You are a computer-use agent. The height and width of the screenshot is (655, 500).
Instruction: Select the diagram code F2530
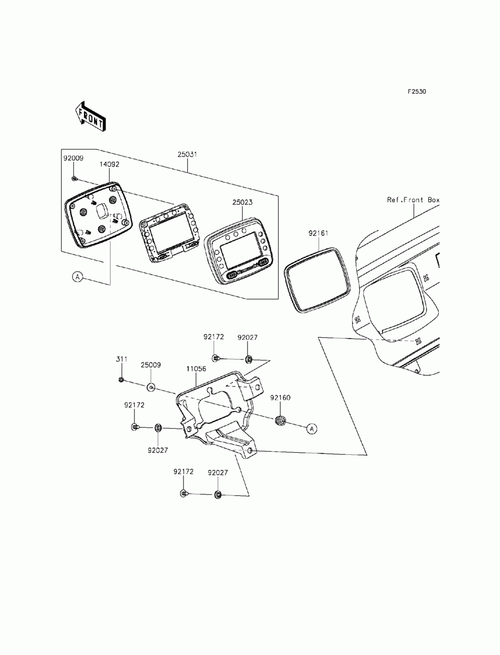(x=416, y=92)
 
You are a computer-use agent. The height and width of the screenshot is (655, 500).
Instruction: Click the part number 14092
(x=109, y=164)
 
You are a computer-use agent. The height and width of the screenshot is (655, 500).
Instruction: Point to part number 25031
(x=187, y=154)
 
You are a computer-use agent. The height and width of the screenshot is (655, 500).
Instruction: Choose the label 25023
(x=242, y=203)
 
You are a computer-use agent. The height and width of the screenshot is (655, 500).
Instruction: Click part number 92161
(x=318, y=233)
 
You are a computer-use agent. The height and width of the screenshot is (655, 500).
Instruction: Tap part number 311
(x=121, y=359)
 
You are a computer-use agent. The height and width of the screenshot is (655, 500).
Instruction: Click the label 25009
(x=150, y=365)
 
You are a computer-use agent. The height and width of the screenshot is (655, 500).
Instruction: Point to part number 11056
(x=196, y=369)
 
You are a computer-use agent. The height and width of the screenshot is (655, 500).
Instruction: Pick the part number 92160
(x=280, y=398)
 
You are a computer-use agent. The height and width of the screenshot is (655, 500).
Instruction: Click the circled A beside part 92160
(x=312, y=428)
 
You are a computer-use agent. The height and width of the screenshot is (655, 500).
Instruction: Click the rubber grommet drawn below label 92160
(x=280, y=420)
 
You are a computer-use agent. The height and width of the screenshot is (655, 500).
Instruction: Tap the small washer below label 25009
(x=151, y=387)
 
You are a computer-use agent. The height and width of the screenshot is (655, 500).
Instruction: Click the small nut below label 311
(x=121, y=380)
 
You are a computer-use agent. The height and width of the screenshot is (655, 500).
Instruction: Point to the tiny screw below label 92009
(x=74, y=179)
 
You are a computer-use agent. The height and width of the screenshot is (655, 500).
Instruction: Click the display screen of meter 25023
(x=239, y=255)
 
